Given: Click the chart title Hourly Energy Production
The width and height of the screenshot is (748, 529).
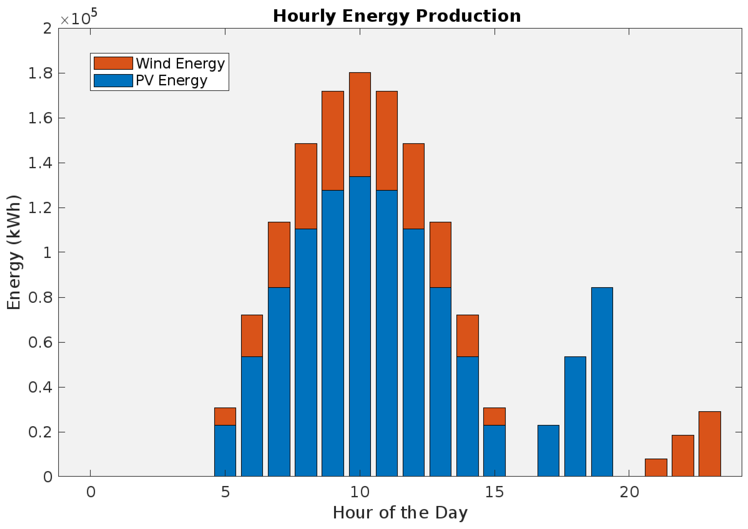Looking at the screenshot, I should point(397,16).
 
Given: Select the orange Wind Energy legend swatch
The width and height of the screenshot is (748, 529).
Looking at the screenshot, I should point(113,63).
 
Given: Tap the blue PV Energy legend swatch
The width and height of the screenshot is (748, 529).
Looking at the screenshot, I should point(113,80).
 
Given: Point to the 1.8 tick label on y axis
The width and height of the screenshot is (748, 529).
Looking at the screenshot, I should point(40,73).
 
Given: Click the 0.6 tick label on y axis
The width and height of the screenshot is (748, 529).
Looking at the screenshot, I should point(40,342).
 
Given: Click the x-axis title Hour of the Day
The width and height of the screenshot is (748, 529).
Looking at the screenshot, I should point(400,513).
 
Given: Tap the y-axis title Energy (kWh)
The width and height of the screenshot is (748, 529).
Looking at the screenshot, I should point(14,252).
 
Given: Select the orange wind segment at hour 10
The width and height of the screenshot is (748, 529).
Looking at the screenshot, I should point(360,124).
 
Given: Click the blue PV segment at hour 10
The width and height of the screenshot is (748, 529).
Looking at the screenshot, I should point(360,326).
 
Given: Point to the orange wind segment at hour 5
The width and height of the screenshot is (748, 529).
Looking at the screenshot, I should point(225,416).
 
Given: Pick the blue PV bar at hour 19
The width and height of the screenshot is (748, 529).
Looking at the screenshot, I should point(602,382).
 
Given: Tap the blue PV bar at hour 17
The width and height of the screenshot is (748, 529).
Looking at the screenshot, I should point(548,450).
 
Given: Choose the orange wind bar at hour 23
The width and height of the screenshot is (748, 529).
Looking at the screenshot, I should point(710,444).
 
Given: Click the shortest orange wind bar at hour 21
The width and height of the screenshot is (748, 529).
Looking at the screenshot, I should point(656,467).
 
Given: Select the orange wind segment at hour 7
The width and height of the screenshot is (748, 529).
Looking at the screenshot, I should point(279,255).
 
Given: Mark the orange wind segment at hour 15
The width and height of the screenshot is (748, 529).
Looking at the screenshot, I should point(495,416).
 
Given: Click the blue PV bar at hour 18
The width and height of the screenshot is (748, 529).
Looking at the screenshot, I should point(575,416).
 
